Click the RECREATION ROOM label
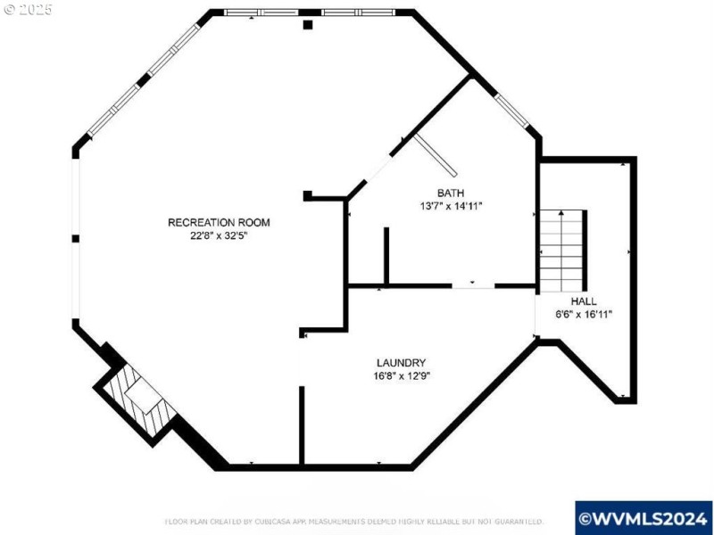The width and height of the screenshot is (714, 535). point(219,222)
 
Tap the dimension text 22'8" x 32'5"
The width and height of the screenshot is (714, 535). point(219,237)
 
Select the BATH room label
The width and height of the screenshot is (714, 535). point(450,193)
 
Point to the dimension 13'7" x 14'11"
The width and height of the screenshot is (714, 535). point(450,206)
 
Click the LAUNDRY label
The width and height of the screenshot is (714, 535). point(401,362)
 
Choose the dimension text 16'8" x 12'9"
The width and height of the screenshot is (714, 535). point(401,375)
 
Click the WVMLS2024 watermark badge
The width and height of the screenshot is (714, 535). point(643,517)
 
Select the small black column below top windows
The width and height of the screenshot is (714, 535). point(308,25)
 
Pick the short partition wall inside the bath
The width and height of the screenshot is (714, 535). point(386,256)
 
